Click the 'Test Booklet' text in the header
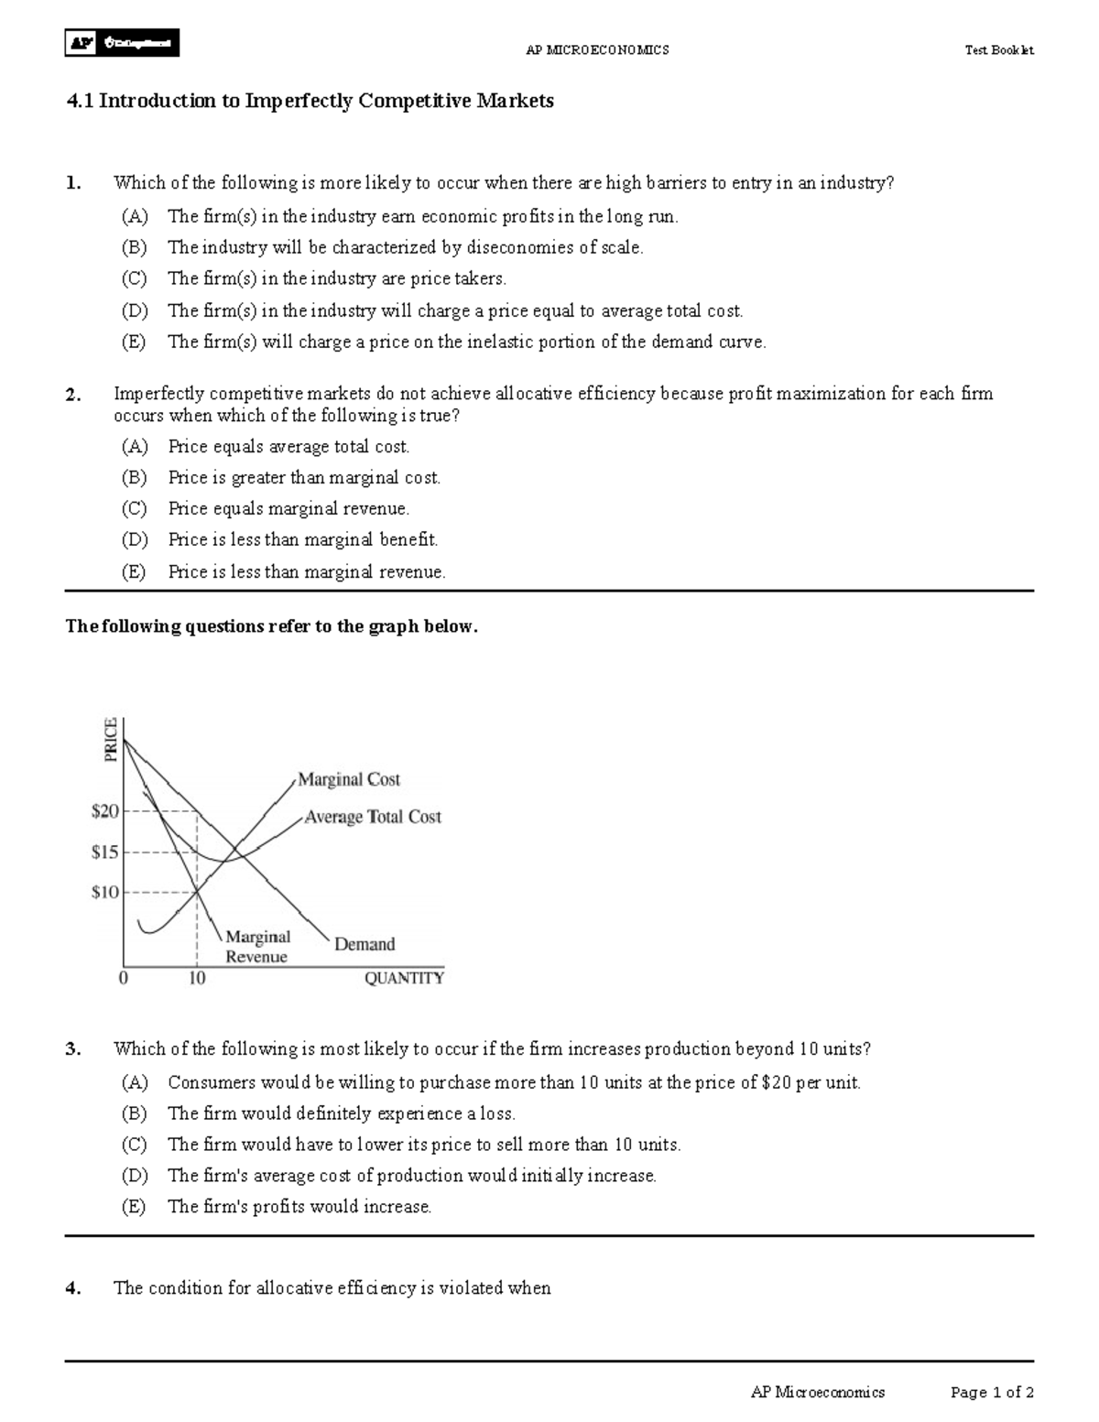point(998,50)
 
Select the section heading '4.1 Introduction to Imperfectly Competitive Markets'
point(310,101)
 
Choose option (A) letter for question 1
point(135,217)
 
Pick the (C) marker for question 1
point(135,279)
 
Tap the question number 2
point(73,395)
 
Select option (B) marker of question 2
point(135,478)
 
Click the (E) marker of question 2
point(135,572)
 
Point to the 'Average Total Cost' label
point(373,817)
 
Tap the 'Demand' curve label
point(365,944)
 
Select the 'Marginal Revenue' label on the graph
point(257,947)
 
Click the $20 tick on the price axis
point(105,811)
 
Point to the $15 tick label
point(105,852)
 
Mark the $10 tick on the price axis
point(105,893)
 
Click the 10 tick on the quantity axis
point(197,979)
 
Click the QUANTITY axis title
point(404,979)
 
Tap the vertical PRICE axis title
point(111,739)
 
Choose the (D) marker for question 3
point(135,1176)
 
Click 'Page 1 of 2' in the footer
point(992,1393)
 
